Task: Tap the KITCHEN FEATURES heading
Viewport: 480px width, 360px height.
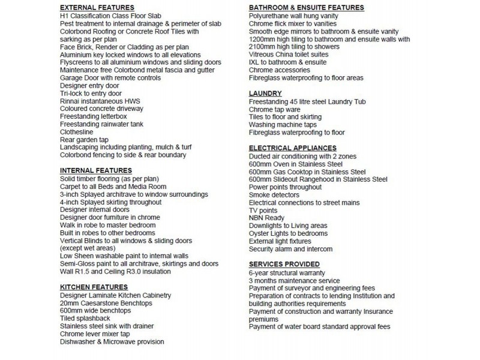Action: (94, 287)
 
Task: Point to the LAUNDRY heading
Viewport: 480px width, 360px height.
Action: (265, 94)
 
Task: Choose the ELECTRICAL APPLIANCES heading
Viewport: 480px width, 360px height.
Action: (292, 148)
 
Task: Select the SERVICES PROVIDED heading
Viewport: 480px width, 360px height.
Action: (284, 265)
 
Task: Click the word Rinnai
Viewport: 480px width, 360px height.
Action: (71, 101)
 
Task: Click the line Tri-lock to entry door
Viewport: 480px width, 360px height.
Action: (91, 94)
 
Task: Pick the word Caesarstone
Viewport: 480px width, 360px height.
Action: (103, 303)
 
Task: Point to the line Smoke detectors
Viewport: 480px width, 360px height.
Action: (274, 195)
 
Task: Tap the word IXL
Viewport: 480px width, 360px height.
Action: (254, 62)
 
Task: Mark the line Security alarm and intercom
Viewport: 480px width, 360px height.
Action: (290, 249)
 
